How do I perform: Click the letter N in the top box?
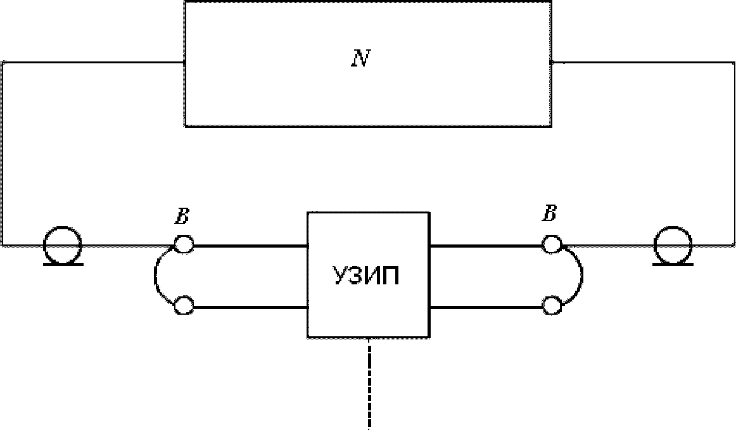[x=361, y=58]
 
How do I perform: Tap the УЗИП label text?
[x=367, y=275]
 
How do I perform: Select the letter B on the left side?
[x=182, y=216]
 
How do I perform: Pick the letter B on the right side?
[x=550, y=213]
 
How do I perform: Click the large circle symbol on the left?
[x=63, y=244]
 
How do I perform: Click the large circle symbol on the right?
[x=673, y=244]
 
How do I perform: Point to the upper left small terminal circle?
[x=184, y=244]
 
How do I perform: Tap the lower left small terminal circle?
[x=184, y=306]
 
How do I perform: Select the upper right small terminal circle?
[x=552, y=244]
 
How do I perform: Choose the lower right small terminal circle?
[x=552, y=306]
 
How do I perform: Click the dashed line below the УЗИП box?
[x=369, y=383]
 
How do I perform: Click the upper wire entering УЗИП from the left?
[x=250, y=246]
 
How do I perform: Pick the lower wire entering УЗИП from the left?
[x=250, y=308]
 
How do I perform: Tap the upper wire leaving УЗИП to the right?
[x=486, y=246]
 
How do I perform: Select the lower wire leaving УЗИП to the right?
[x=486, y=308]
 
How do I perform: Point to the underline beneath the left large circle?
[x=63, y=264]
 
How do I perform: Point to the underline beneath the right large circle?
[x=673, y=264]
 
